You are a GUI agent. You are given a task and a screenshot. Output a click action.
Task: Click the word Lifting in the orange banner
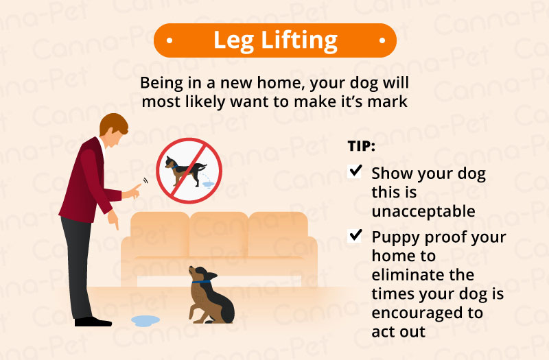pyautogui.click(x=299, y=41)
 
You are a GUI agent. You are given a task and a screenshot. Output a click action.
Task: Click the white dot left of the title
pyautogui.click(x=170, y=40)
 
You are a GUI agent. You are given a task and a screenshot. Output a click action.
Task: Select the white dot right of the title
pyautogui.click(x=382, y=40)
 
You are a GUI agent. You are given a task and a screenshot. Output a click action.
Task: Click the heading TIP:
pyautogui.click(x=362, y=146)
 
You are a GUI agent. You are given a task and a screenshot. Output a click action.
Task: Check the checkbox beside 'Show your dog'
pyautogui.click(x=355, y=171)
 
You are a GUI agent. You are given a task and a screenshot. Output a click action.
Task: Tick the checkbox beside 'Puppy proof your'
pyautogui.click(x=355, y=236)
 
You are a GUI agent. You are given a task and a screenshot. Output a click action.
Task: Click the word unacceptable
pyautogui.click(x=423, y=211)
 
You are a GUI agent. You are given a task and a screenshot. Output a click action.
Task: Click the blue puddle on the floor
pyautogui.click(x=145, y=320)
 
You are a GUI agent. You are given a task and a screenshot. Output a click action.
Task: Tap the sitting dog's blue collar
pyautogui.click(x=201, y=282)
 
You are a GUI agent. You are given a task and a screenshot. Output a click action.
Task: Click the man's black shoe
pyautogui.click(x=93, y=322)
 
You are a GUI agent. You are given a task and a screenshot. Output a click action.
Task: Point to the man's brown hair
pyautogui.click(x=113, y=123)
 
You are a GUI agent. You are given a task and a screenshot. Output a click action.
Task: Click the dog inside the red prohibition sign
pyautogui.click(x=185, y=169)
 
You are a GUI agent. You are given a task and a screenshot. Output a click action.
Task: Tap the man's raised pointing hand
pyautogui.click(x=132, y=192)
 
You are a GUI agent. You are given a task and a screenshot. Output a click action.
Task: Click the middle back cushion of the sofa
pyautogui.click(x=219, y=235)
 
